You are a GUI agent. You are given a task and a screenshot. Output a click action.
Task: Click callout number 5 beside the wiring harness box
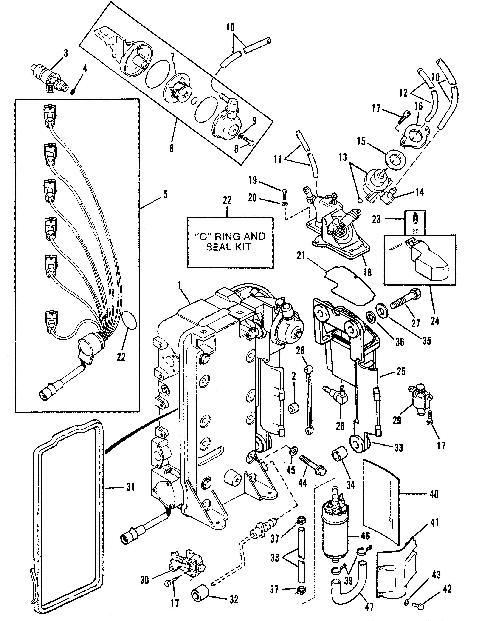[165, 195]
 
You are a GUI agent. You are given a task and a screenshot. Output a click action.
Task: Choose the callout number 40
[434, 494]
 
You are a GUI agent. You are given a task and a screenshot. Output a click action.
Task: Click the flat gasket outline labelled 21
[349, 285]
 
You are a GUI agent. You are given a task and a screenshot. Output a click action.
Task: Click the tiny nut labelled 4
[73, 92]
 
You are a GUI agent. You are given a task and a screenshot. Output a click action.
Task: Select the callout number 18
[367, 272]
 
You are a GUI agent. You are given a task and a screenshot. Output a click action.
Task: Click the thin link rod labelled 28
[309, 402]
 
